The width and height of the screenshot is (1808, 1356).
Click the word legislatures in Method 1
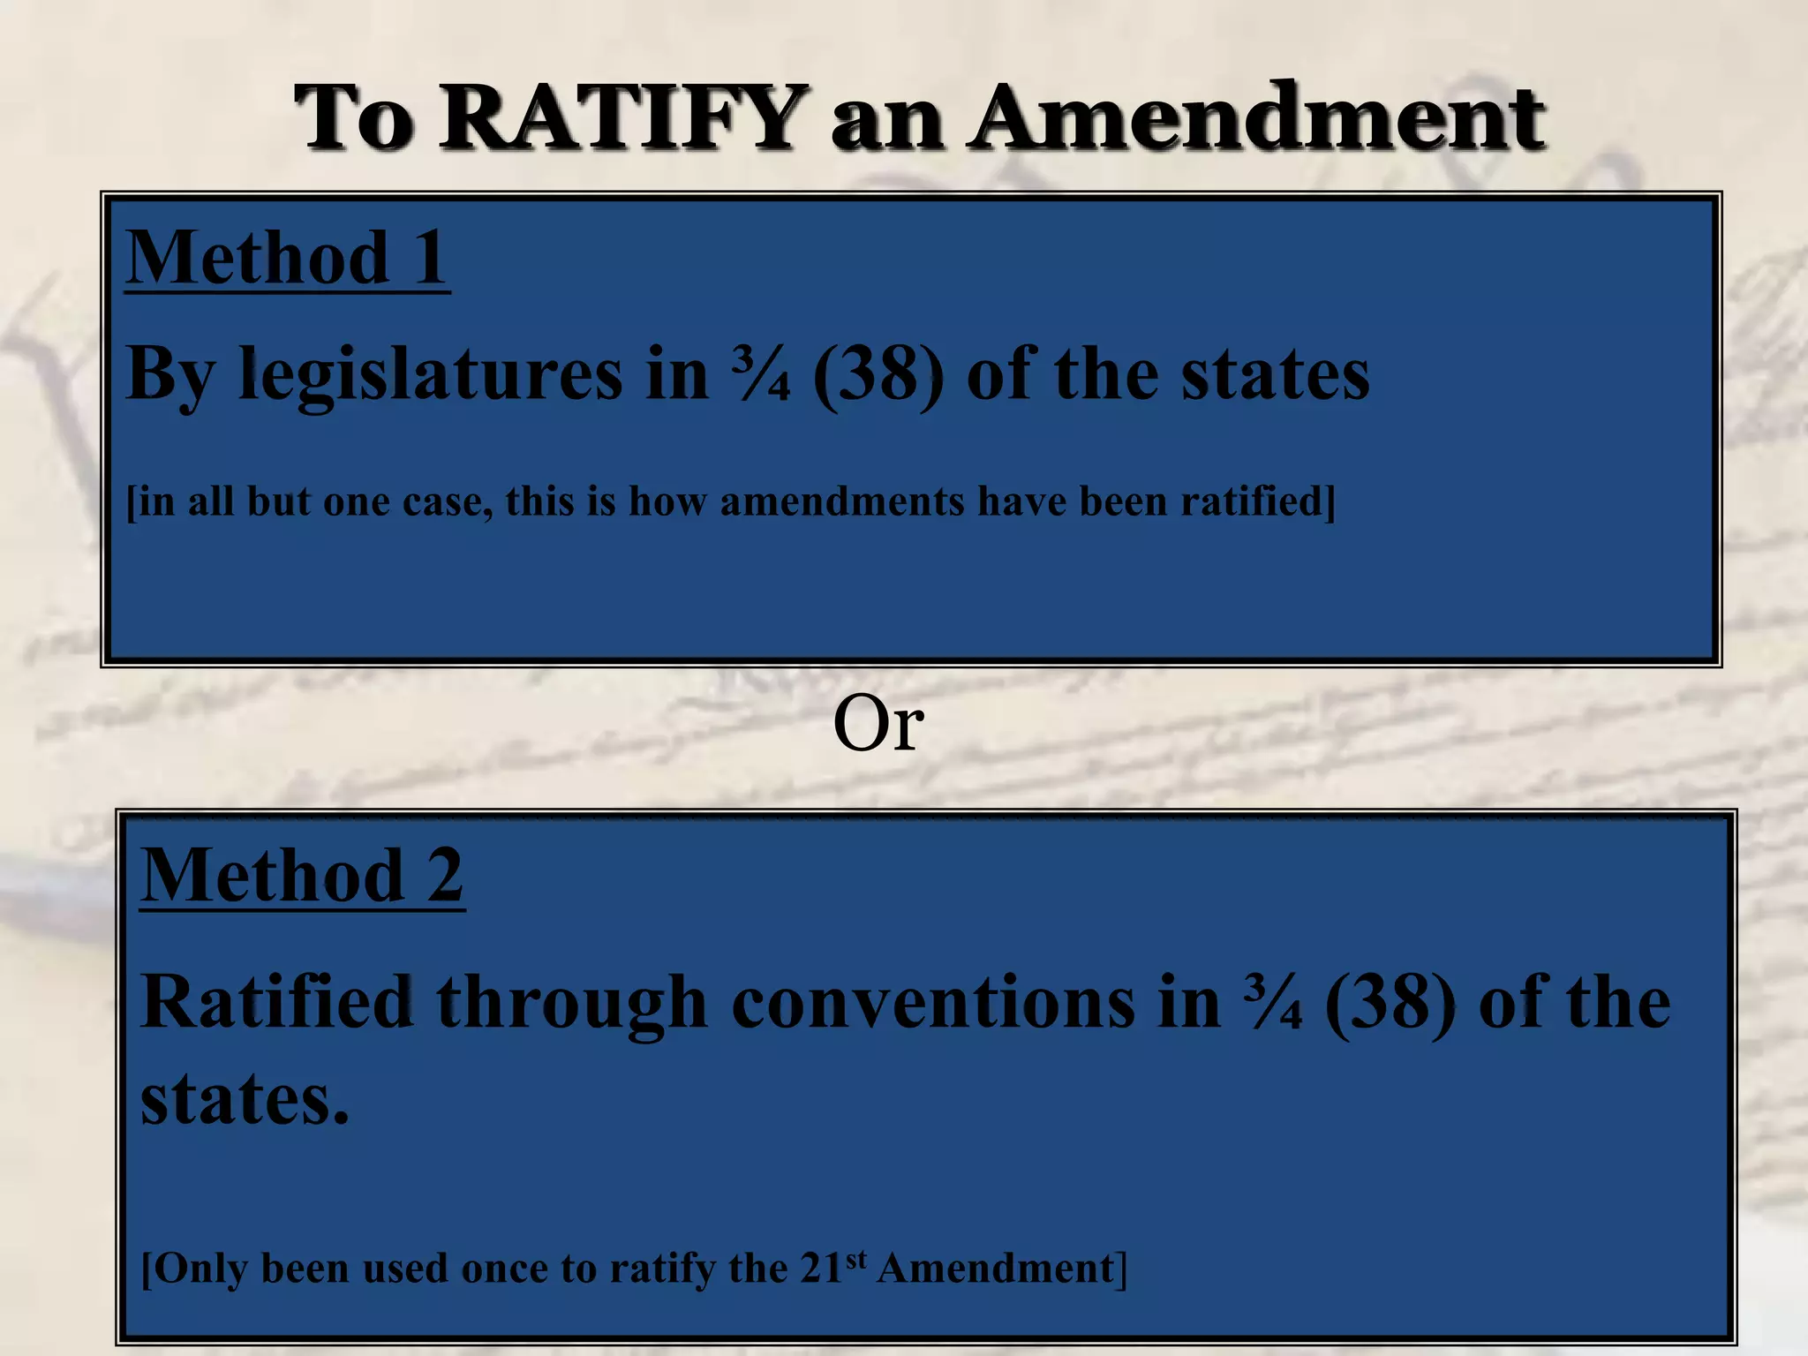click(x=431, y=374)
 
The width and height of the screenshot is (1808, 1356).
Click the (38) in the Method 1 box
click(x=878, y=374)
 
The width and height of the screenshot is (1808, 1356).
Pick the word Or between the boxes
click(x=878, y=725)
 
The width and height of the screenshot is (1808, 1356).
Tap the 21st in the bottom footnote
click(x=832, y=1267)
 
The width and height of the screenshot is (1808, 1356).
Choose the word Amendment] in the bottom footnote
click(x=1002, y=1269)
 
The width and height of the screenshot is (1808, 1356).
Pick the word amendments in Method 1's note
click(x=842, y=501)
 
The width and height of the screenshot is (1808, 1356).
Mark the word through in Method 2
click(x=572, y=1004)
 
